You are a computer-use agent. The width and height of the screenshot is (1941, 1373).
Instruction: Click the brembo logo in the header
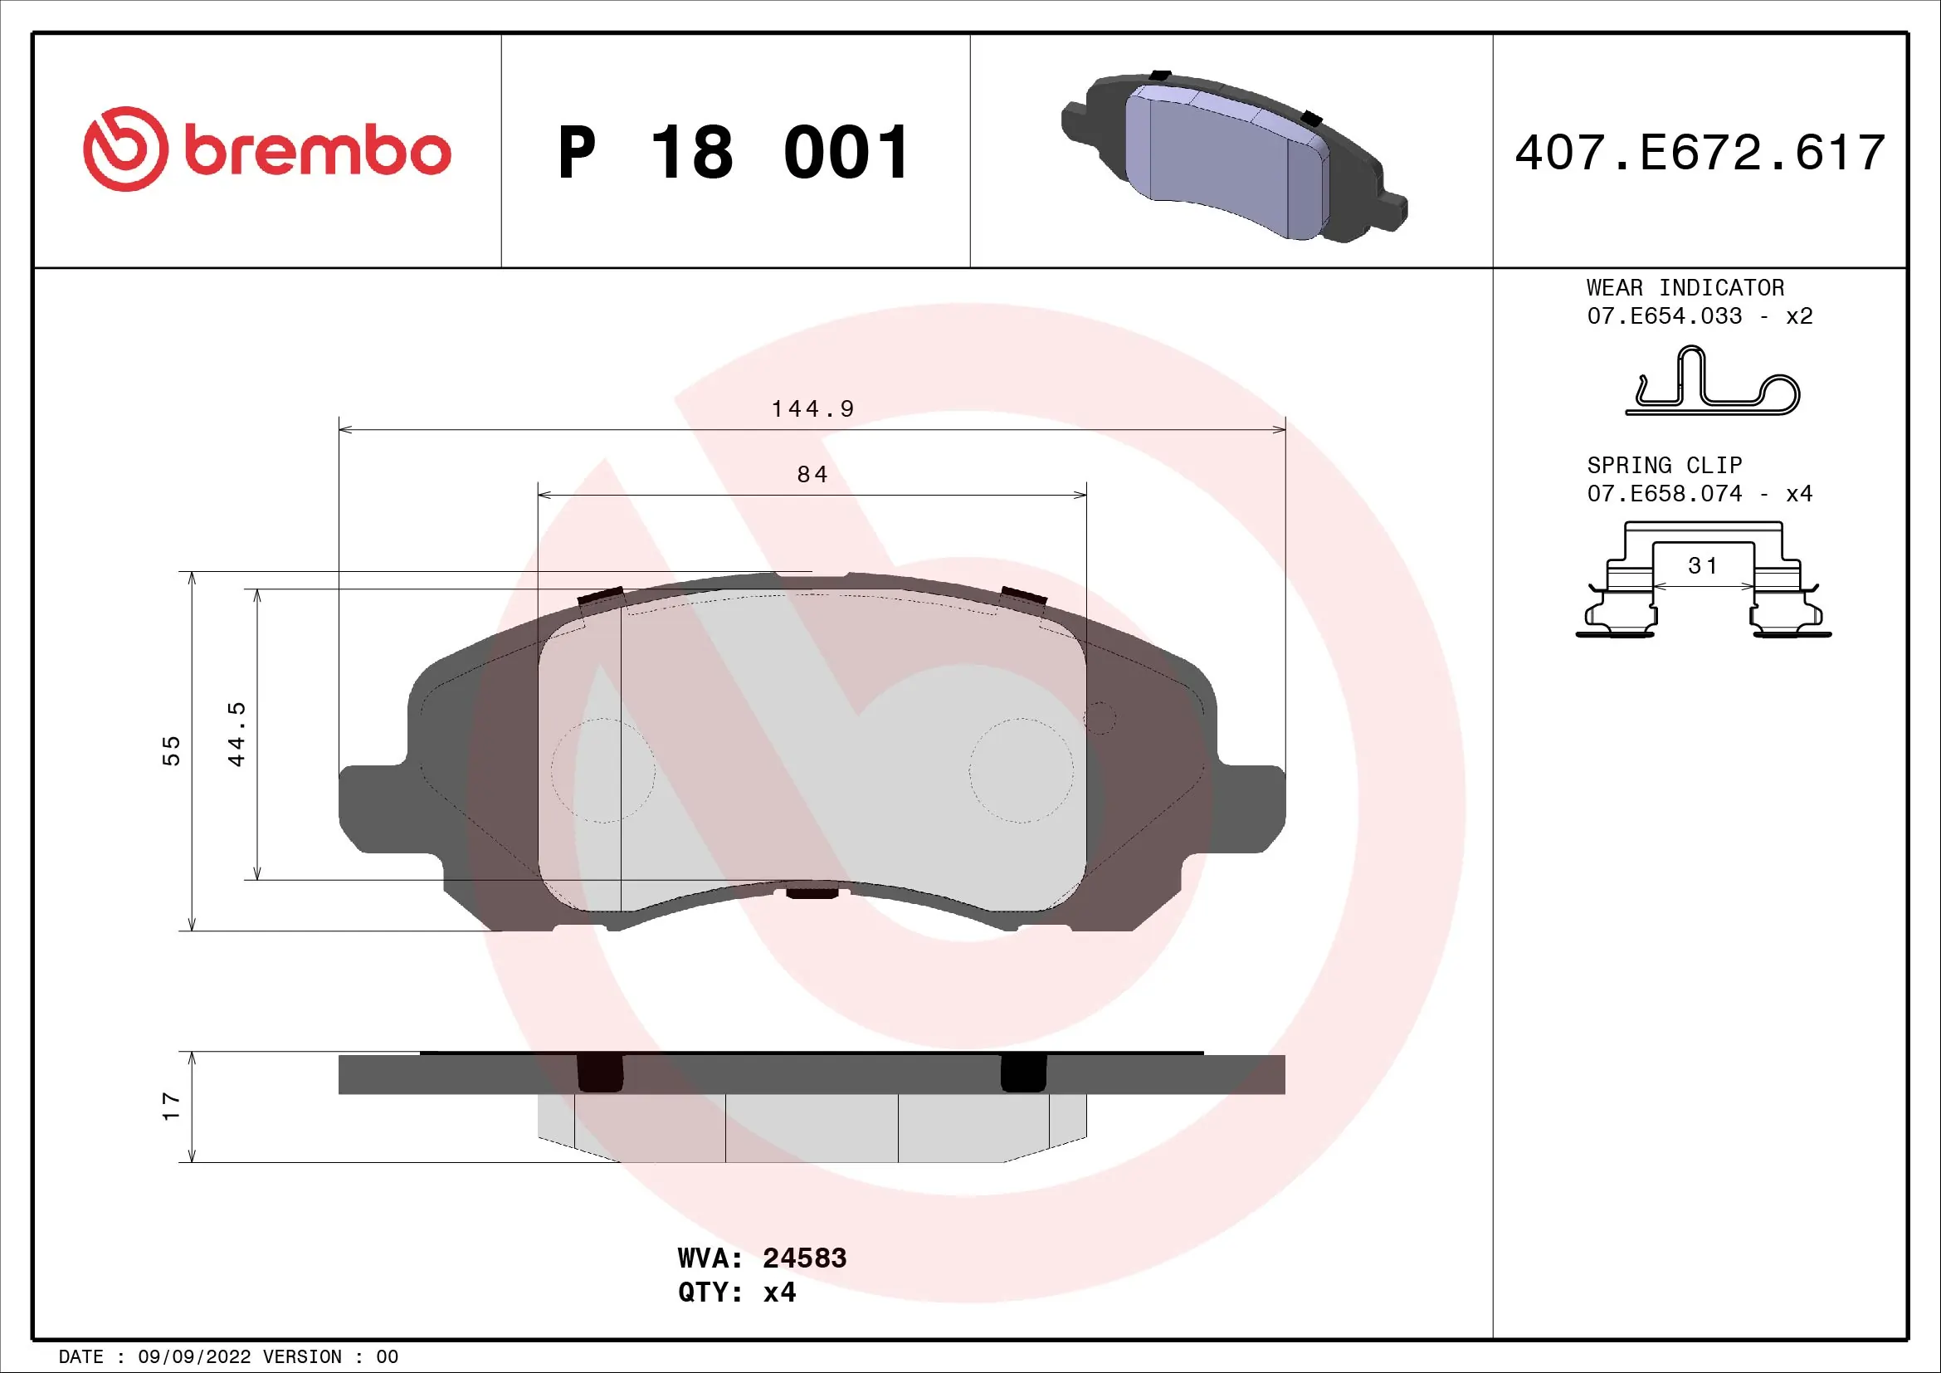click(x=267, y=149)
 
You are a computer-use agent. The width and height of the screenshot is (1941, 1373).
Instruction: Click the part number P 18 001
click(x=734, y=153)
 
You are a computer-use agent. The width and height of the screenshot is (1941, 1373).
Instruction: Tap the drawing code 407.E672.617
click(x=1700, y=153)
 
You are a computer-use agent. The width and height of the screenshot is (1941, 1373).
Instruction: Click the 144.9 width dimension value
click(x=812, y=409)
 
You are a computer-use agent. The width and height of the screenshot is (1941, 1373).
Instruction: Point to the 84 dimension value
click(x=812, y=474)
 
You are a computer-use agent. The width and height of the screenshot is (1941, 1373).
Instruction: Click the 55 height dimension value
click(x=172, y=750)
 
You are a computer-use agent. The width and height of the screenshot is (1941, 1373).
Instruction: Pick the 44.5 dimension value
click(x=237, y=734)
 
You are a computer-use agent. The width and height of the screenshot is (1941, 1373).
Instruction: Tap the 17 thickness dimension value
click(x=172, y=1107)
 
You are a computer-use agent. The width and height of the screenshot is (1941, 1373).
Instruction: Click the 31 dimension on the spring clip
click(x=1703, y=565)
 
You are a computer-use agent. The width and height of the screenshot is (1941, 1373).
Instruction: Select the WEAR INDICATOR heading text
click(x=1685, y=287)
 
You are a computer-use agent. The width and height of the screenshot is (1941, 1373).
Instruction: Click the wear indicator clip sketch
click(x=1712, y=384)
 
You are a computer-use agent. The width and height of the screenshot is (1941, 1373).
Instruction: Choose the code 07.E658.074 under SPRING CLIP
click(x=1664, y=494)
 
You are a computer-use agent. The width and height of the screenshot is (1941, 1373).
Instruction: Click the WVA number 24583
click(x=804, y=1258)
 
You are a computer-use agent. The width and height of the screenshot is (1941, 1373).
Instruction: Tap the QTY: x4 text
click(x=736, y=1292)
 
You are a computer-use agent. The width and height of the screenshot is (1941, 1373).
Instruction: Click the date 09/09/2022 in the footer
click(x=193, y=1357)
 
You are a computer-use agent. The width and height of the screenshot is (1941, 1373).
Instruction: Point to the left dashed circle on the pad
click(x=602, y=770)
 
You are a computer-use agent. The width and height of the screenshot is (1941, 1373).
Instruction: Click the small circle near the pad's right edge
click(x=1100, y=719)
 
